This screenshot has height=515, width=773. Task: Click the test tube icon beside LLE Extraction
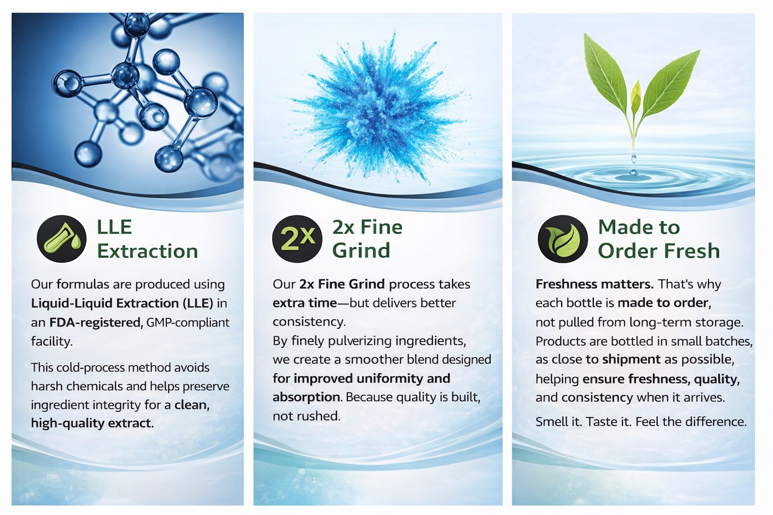(x=61, y=239)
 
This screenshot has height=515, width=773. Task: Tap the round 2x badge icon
(x=297, y=239)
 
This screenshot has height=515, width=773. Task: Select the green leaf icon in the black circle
(x=563, y=239)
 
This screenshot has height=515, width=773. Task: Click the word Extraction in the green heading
(x=147, y=251)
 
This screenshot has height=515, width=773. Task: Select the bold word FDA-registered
(x=96, y=322)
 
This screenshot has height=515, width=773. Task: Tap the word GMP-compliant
(x=188, y=323)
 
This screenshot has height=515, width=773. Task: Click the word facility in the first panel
(x=50, y=341)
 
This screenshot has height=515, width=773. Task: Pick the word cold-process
(x=93, y=368)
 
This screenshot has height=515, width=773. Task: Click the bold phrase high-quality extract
(x=92, y=423)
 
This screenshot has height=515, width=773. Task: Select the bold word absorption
(x=306, y=397)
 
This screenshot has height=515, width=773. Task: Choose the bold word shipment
(x=631, y=360)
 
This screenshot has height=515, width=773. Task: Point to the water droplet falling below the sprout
(x=634, y=158)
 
